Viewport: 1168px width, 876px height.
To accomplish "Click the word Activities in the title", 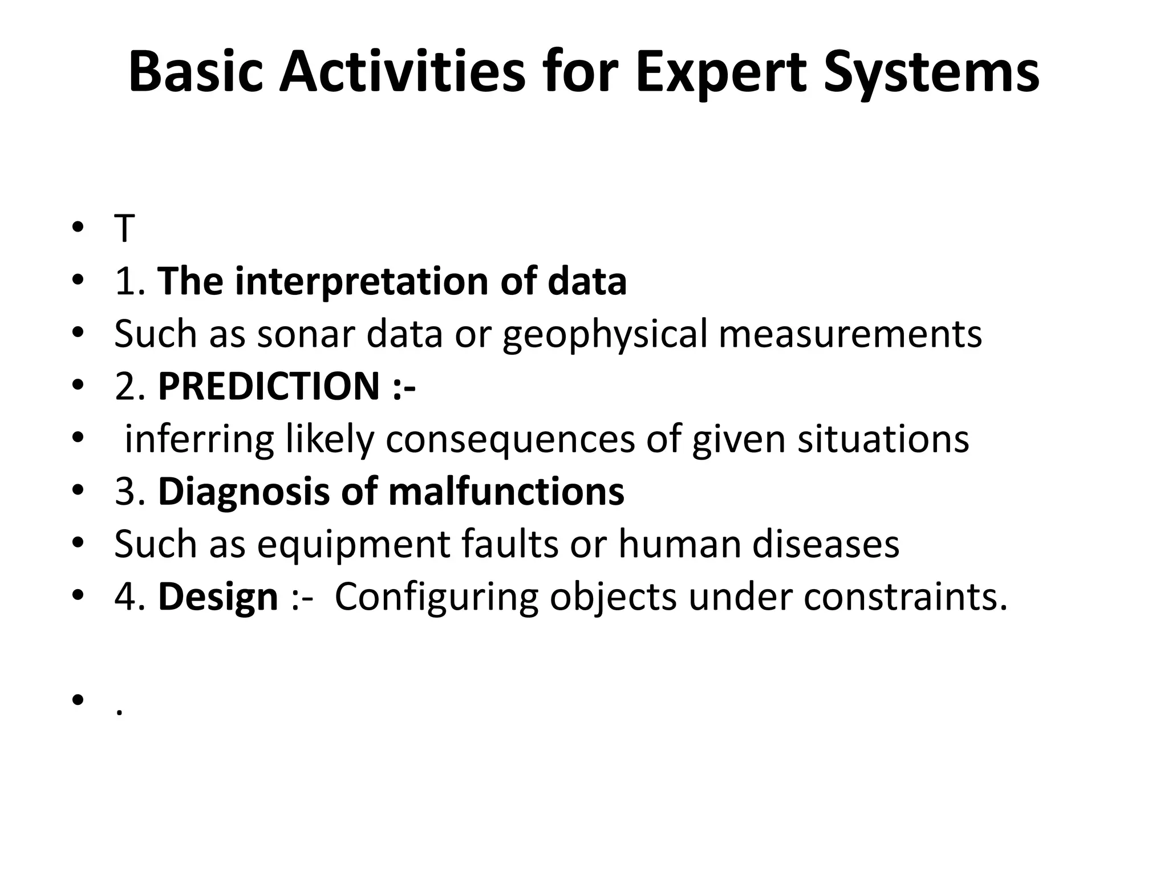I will click(401, 73).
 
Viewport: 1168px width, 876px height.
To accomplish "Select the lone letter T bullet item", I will click(124, 229).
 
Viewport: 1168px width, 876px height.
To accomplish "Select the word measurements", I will click(850, 334).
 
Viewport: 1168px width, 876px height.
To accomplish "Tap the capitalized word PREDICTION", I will click(269, 387).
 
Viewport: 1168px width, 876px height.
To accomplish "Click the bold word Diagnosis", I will click(244, 492).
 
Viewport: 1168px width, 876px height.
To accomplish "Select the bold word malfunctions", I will click(506, 492).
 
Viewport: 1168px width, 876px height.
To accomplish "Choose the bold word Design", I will click(218, 598).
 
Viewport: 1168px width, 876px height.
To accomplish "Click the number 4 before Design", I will click(124, 598).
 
